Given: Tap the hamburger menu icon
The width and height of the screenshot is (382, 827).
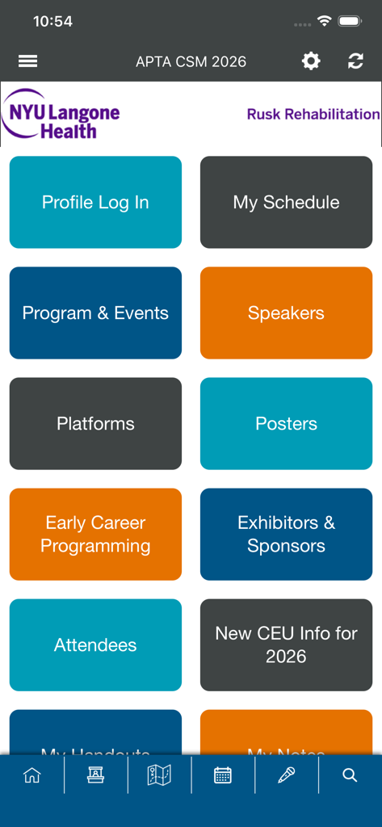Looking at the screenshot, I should (x=27, y=61).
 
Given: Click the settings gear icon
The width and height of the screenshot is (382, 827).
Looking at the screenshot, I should (x=311, y=61).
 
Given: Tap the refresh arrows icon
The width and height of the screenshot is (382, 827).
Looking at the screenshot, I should (x=355, y=61).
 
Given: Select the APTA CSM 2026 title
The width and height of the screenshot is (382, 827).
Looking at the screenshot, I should (x=191, y=61).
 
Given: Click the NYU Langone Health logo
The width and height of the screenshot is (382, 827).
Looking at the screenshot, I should (x=61, y=114).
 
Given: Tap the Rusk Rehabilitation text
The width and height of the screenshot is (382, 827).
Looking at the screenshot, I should (x=313, y=114).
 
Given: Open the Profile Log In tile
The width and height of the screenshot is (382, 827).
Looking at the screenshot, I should (x=95, y=202).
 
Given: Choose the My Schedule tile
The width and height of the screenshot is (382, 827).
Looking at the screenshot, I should (x=286, y=202).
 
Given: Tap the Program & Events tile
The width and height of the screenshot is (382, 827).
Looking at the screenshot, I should (x=95, y=313).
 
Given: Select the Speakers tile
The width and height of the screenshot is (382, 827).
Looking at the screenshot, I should (x=286, y=313).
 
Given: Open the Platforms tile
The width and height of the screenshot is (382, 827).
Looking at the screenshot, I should (x=95, y=423).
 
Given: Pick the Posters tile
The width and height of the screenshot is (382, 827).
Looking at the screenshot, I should (x=286, y=423).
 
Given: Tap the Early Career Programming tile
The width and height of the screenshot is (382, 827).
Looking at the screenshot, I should (x=95, y=534).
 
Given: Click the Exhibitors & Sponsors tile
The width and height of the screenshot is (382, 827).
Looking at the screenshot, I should (x=286, y=534).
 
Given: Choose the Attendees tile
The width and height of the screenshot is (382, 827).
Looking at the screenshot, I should (x=95, y=644).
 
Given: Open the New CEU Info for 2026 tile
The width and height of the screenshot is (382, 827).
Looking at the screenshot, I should (x=286, y=644).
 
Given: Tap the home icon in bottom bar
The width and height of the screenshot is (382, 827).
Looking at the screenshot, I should (x=32, y=775).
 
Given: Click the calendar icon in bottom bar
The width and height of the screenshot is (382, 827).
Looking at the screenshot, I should (x=223, y=775).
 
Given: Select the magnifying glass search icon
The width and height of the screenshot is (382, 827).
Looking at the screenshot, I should (x=350, y=775).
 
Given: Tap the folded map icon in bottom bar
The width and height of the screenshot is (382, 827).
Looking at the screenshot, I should (x=159, y=775).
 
